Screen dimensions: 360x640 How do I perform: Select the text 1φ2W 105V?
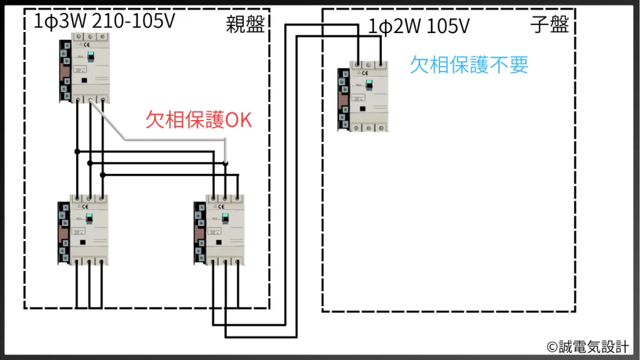(419, 26)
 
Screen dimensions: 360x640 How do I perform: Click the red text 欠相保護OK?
(198, 119)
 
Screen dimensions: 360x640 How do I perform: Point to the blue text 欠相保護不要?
(469, 64)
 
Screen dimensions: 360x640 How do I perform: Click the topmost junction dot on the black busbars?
(77, 151)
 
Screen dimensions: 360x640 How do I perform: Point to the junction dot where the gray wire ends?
(226, 163)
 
